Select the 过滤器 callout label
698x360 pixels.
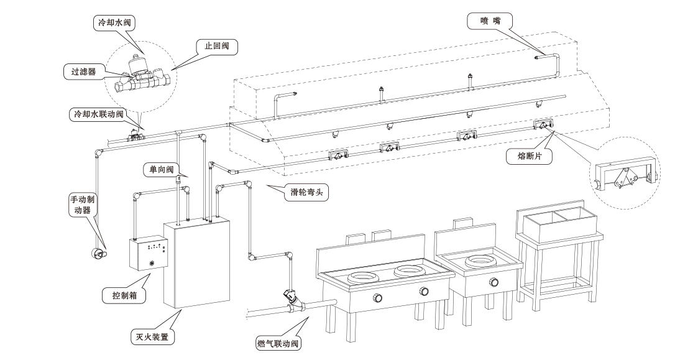83,72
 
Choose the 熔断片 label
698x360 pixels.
530,157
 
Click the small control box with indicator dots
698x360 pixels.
149,252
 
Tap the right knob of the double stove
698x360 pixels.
423,291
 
